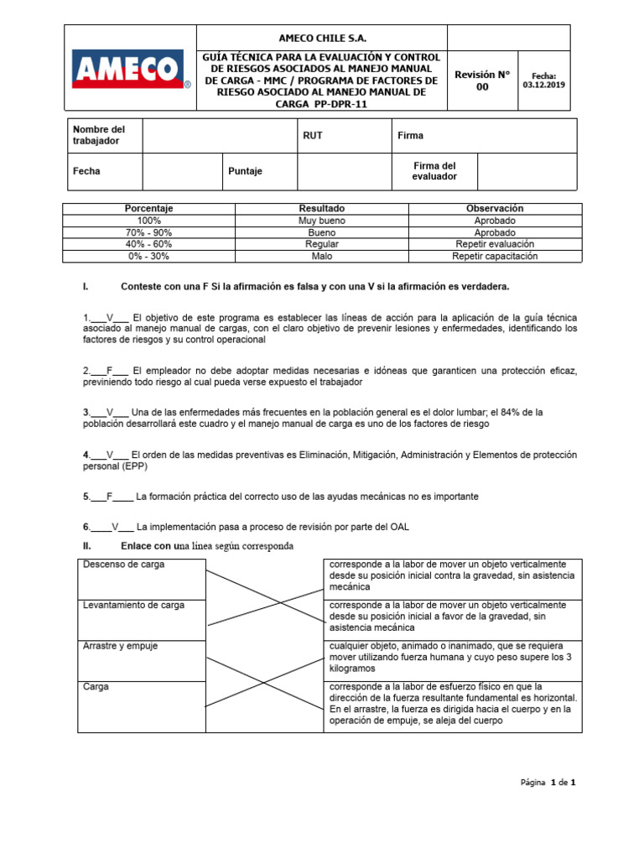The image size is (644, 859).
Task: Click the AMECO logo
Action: tap(130, 69)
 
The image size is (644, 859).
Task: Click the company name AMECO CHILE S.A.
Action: tap(322, 39)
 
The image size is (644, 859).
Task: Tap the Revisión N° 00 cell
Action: tap(482, 80)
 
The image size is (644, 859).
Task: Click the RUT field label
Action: tap(312, 135)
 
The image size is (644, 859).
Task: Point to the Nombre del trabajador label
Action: tap(99, 135)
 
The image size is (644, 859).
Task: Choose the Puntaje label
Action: tap(246, 171)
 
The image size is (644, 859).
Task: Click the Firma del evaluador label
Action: tap(434, 171)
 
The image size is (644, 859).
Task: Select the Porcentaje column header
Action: tap(148, 208)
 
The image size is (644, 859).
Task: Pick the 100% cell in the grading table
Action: tap(148, 221)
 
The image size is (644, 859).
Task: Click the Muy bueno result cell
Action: tap(322, 221)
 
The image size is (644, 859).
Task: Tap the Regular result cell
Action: tap(322, 244)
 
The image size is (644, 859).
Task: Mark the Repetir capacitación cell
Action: tap(495, 257)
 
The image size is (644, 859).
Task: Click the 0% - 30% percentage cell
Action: tap(148, 257)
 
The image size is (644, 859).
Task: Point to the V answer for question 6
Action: tap(116, 527)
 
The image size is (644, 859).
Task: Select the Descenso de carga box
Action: tap(141, 578)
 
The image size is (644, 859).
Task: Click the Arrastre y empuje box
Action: tap(141, 660)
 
